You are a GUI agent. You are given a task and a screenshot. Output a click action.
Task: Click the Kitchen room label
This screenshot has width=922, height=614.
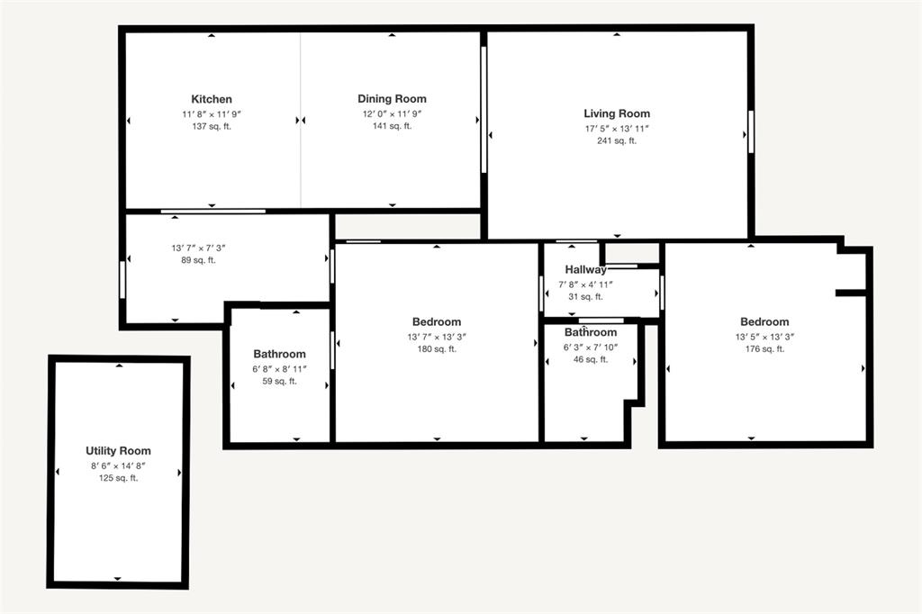[212, 99]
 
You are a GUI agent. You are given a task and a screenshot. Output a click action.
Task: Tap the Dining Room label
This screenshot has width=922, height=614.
[392, 99]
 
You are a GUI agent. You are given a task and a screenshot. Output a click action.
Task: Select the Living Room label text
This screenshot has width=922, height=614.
[617, 113]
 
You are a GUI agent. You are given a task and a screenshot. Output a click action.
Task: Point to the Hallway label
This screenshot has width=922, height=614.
[585, 270]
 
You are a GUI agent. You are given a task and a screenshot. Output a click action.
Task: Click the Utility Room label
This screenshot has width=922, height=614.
[118, 451]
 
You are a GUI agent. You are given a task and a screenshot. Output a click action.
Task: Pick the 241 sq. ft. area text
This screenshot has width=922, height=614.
[617, 140]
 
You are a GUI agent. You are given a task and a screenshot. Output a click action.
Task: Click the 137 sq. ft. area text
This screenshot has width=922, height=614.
[212, 126]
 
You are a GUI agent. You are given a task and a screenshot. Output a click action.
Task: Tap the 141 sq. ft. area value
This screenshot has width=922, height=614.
[392, 126]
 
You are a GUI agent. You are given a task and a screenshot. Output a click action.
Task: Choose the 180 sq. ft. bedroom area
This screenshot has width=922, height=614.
[437, 349]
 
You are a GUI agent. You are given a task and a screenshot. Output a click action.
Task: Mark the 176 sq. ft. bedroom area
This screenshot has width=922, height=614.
[764, 349]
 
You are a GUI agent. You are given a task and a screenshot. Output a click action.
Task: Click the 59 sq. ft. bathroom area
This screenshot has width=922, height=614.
[279, 381]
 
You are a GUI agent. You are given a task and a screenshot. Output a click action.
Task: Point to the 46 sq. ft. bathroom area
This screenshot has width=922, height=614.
[591, 359]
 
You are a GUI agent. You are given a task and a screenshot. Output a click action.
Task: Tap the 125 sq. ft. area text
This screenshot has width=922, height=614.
[118, 478]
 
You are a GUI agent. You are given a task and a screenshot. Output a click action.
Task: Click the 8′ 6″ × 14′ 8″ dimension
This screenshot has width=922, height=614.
[118, 465]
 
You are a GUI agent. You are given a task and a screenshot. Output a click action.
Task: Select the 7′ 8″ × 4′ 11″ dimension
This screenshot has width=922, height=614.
[585, 284]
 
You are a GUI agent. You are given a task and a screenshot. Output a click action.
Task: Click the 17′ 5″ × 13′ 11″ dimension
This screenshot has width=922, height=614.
[617, 128]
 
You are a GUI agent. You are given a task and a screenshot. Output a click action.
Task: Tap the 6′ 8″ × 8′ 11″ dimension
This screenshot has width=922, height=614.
[279, 368]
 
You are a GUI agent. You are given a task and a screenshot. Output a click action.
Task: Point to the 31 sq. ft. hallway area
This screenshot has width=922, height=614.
[585, 296]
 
